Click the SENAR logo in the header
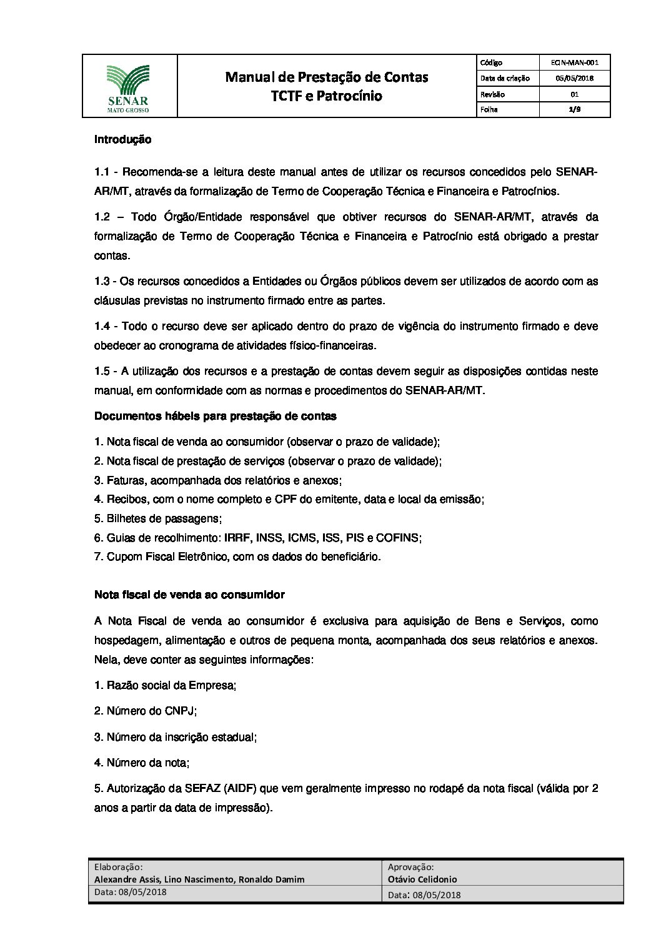pyautogui.click(x=128, y=86)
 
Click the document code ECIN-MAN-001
pyautogui.click(x=575, y=62)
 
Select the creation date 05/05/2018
pyautogui.click(x=575, y=79)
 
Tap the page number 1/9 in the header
pyautogui.click(x=575, y=109)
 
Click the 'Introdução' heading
pyautogui.click(x=122, y=140)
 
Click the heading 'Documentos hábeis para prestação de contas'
pyautogui.click(x=215, y=416)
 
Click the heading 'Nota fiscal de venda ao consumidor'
pyautogui.click(x=189, y=595)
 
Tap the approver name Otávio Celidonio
pyautogui.click(x=422, y=879)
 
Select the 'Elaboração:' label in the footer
pyautogui.click(x=118, y=867)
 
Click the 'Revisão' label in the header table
pyautogui.click(x=492, y=94)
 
